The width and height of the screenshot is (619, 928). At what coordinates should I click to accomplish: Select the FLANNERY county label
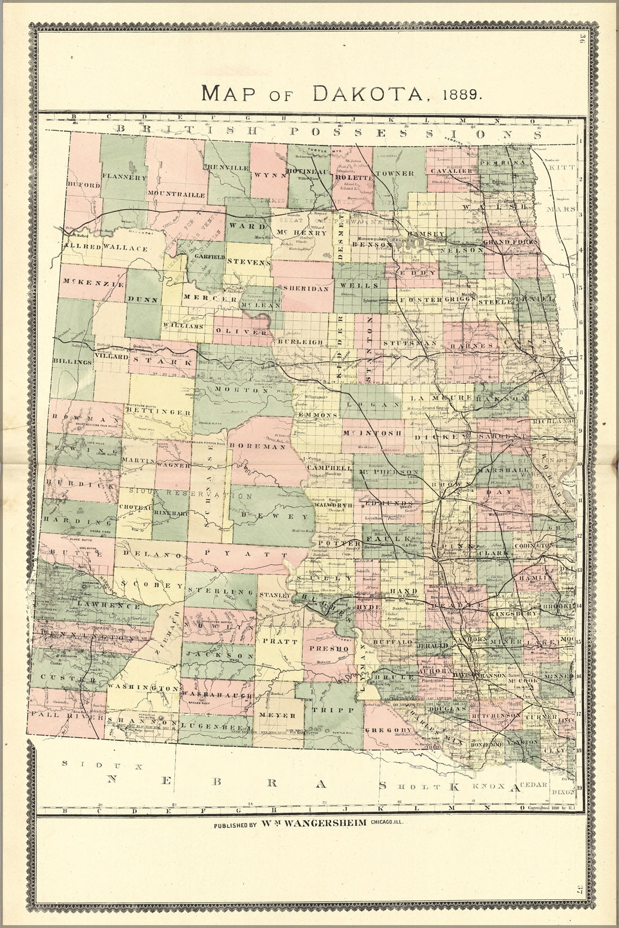coord(125,176)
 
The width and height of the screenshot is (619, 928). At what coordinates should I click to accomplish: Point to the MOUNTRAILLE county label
coord(176,193)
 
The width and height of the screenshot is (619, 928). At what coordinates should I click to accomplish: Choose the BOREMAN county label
coord(266,446)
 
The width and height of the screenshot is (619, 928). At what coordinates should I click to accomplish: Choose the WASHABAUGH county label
coord(216,696)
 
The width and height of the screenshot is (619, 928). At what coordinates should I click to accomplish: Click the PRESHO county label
coord(324,648)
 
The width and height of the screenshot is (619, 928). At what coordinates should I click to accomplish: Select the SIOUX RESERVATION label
coord(186,494)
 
